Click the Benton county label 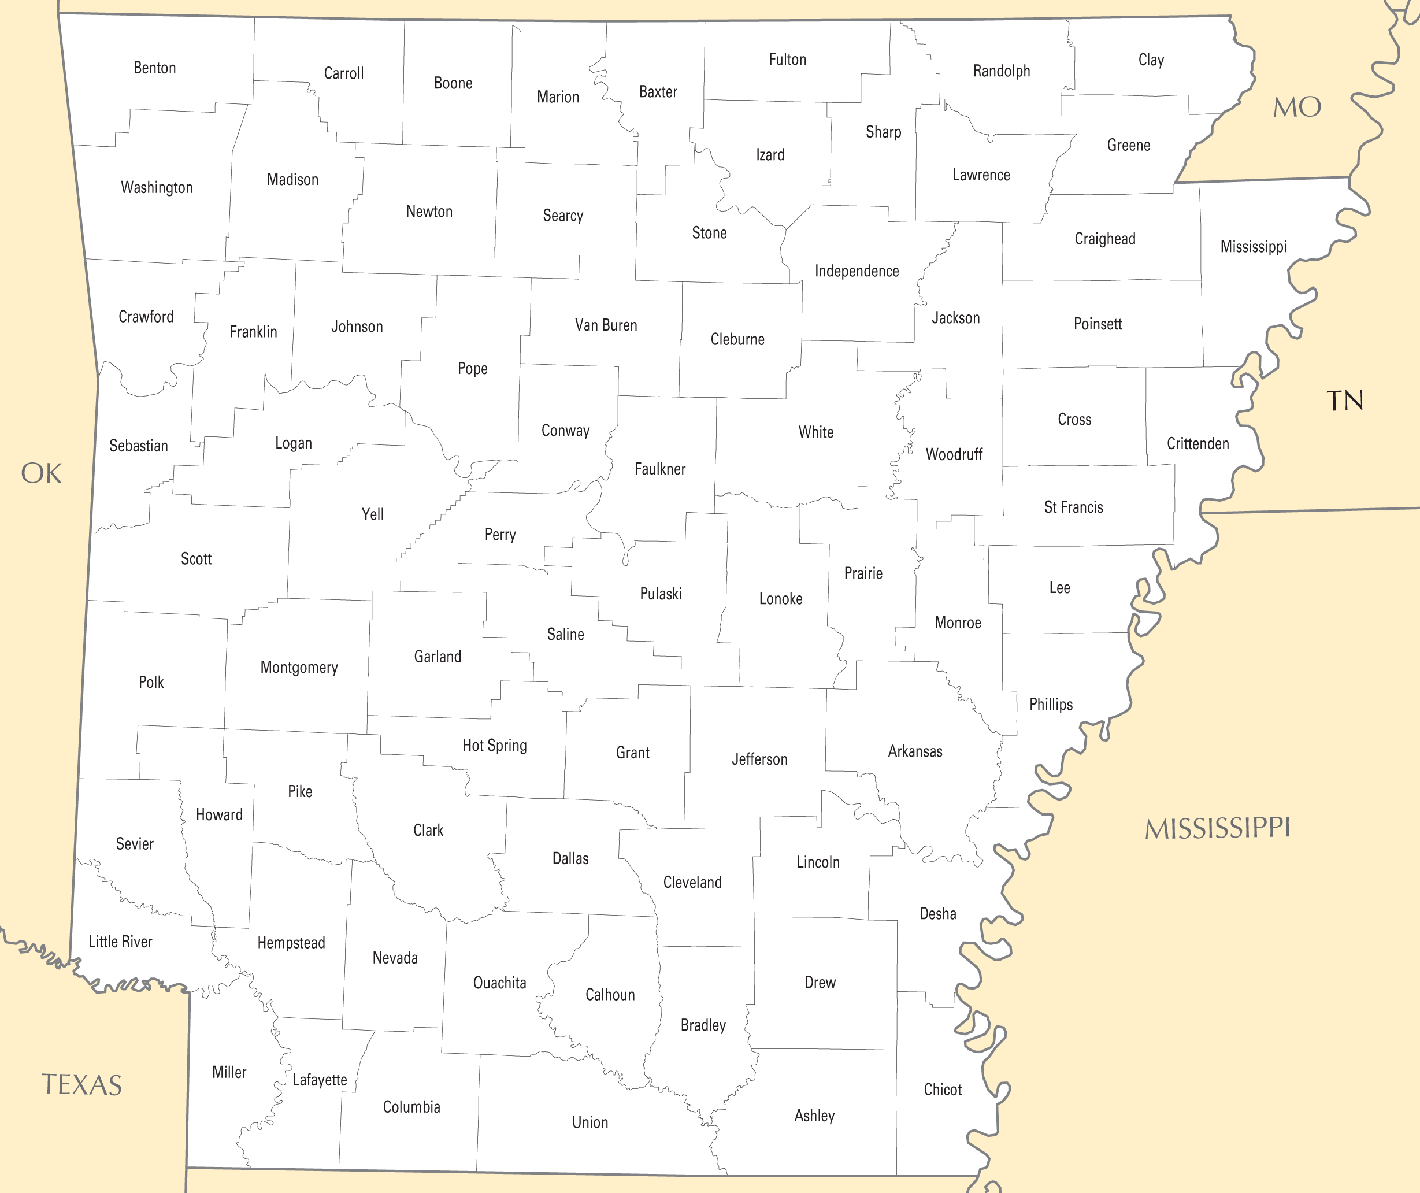pos(154,68)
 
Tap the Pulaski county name pos(661,594)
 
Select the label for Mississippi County pos(1253,247)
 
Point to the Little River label pos(120,942)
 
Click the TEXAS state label pos(82,1085)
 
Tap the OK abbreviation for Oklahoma pos(41,473)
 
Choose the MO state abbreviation pos(1296,107)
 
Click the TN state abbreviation pos(1344,401)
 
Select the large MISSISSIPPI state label pos(1217,828)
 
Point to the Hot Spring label pos(494,745)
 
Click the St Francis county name pos(1073,507)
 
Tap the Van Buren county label pos(606,325)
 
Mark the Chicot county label pos(943,1090)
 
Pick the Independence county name pos(857,271)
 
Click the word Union pos(589,1122)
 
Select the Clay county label pos(1151,60)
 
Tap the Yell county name pos(373,514)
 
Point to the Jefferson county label pos(759,759)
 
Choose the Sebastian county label pos(139,446)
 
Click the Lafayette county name pos(320,1080)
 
